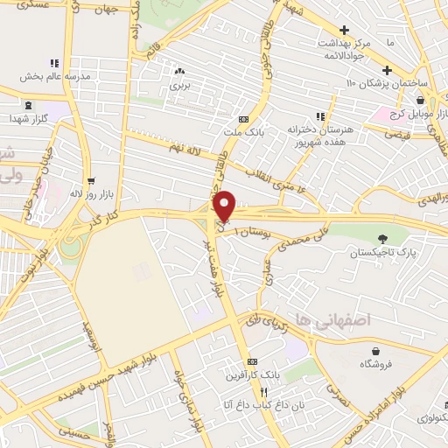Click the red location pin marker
tap(225, 206)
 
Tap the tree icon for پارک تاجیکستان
tap(381, 238)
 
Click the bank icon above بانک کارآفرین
tap(253, 361)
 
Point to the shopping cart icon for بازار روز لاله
tap(91, 182)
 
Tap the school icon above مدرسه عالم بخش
tap(54, 63)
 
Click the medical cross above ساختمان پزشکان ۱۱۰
tap(387, 70)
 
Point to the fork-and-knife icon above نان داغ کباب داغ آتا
tap(262, 392)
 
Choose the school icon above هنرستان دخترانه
tap(321, 115)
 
